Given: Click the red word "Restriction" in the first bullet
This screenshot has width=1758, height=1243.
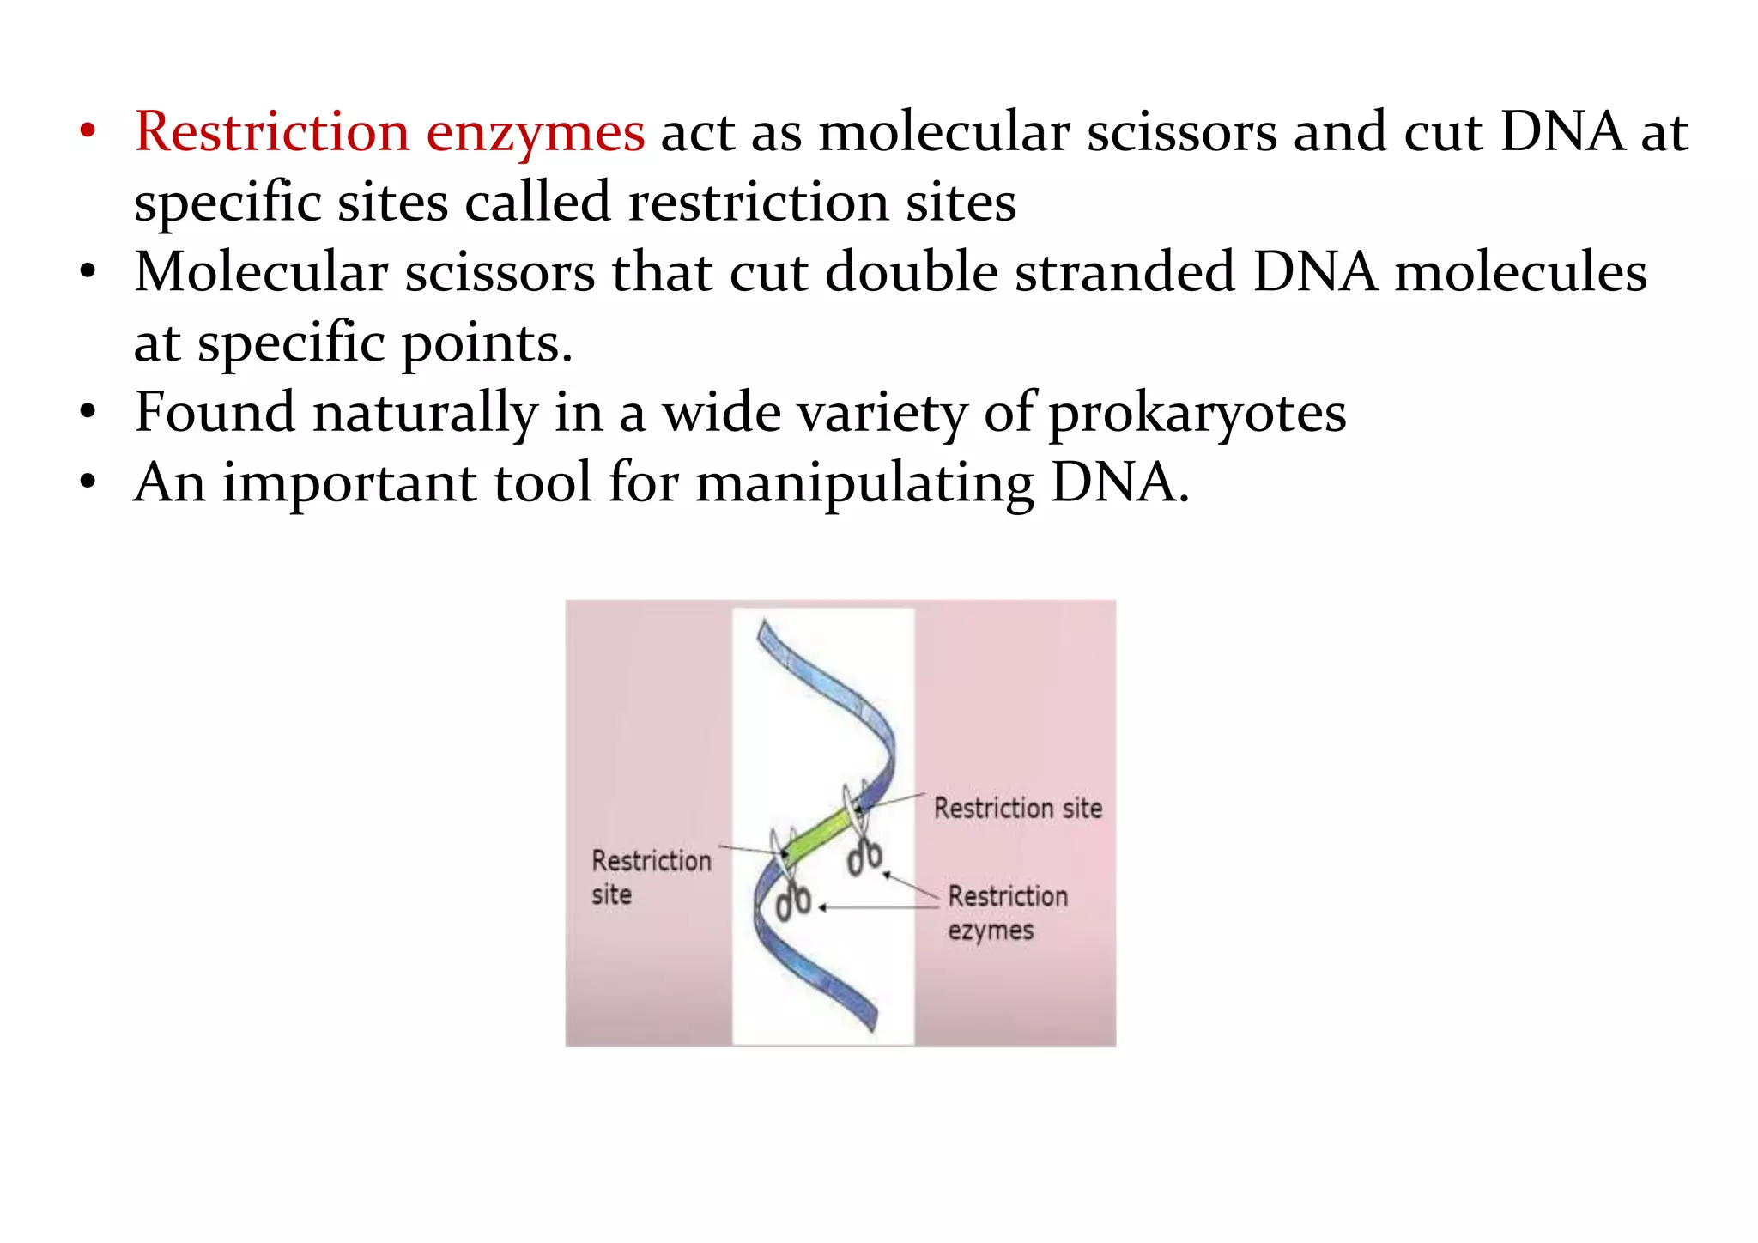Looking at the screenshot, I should point(271,133).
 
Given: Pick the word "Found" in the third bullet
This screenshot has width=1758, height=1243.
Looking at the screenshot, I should point(215,412).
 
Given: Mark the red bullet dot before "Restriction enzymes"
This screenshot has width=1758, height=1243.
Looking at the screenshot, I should point(88,132).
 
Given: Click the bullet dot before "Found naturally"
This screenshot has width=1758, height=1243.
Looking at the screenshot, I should point(88,413).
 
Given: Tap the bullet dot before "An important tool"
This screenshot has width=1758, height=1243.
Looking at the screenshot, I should point(88,482).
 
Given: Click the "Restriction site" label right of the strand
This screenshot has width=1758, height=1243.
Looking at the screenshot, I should point(1017,809).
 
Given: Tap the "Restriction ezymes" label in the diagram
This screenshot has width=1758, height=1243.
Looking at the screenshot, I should point(1007,913).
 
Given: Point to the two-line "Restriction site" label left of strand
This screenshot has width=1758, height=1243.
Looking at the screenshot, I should point(650,877).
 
